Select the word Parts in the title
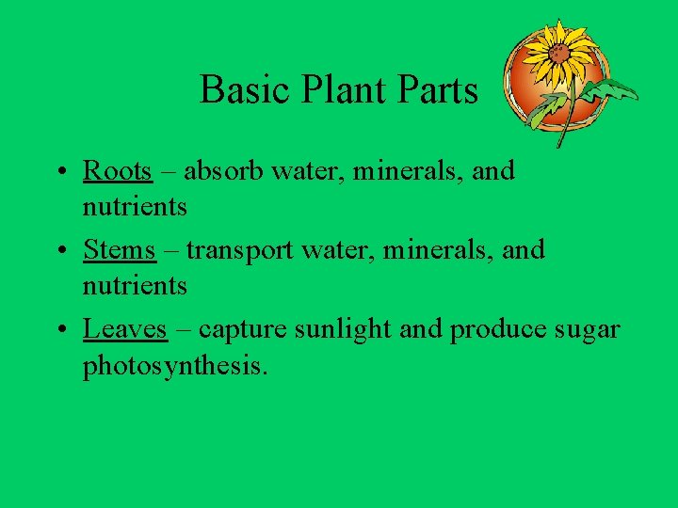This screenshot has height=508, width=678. click(x=437, y=90)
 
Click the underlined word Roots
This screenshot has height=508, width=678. click(x=117, y=171)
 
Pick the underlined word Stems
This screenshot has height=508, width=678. click(x=119, y=250)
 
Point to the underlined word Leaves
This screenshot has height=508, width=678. click(x=125, y=329)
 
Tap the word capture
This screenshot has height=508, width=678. click(x=244, y=329)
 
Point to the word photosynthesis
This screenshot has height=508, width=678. click(x=175, y=365)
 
